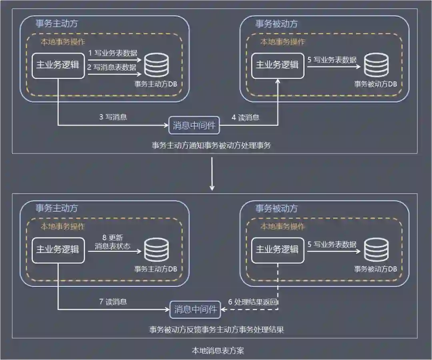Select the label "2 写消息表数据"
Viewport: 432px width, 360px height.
point(112,67)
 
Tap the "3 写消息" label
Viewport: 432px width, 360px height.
point(113,117)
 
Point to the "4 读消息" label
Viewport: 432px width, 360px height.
point(245,117)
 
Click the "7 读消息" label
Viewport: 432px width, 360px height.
point(113,301)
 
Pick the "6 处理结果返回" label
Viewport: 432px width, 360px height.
point(253,301)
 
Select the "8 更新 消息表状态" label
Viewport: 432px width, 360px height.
point(112,241)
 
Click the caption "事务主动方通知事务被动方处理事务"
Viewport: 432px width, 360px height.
point(211,145)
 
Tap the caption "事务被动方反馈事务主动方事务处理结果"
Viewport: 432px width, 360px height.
point(216,330)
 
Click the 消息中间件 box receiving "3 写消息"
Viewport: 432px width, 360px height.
point(194,126)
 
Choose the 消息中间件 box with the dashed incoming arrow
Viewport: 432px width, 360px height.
point(196,309)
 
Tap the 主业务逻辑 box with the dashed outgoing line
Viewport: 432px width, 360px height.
point(277,249)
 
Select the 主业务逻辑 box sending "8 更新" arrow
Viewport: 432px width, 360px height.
point(58,249)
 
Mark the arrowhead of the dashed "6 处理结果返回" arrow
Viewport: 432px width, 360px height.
point(224,309)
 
